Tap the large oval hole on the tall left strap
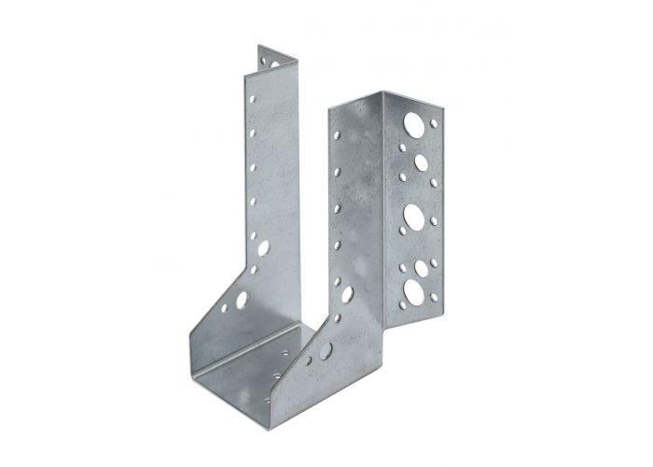click(262, 249)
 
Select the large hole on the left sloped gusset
click(241, 301)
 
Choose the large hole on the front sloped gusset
click(326, 353)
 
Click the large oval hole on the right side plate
click(346, 294)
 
